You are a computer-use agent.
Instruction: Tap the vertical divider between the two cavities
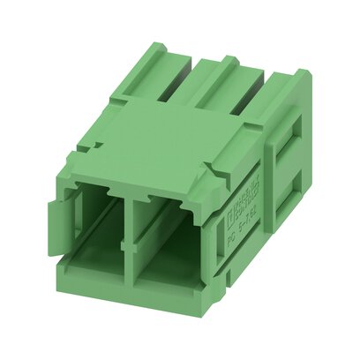click(132, 244)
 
